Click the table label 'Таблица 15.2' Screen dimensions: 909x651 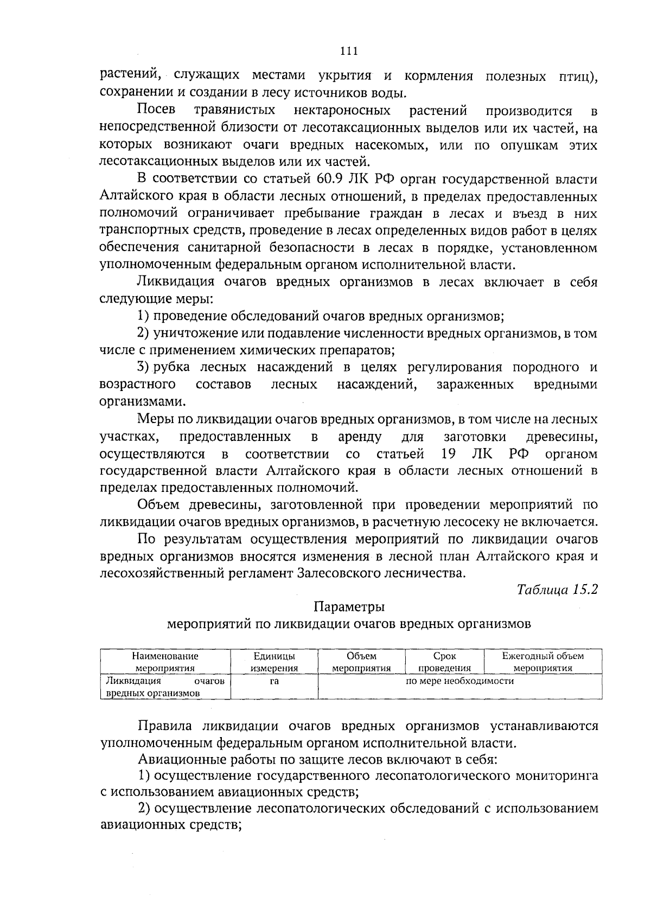tap(557, 590)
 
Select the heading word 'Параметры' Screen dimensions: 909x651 tap(349, 606)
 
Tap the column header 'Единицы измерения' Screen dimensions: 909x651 tap(274, 662)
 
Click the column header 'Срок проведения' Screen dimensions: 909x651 tap(445, 662)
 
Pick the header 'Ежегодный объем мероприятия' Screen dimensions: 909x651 tap(542, 662)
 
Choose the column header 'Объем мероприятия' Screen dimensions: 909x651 tap(361, 662)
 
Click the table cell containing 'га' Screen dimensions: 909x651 tap(274, 681)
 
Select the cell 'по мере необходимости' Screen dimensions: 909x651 tap(459, 681)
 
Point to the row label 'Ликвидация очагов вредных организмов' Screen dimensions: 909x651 tap(165, 687)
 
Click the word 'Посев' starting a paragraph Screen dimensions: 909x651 tap(156, 111)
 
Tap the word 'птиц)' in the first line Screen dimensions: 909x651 tap(578, 76)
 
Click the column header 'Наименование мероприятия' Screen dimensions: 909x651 tap(165, 662)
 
